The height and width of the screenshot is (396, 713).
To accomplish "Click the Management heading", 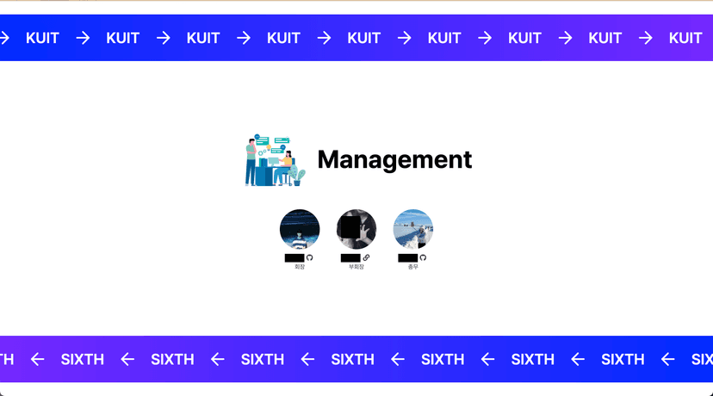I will click(x=394, y=159).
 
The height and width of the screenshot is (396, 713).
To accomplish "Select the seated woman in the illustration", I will click(x=288, y=164).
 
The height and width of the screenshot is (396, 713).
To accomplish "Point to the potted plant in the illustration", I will click(x=298, y=177).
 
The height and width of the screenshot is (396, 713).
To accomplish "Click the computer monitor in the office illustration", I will click(x=274, y=161).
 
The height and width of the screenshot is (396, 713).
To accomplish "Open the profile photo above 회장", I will click(x=300, y=229).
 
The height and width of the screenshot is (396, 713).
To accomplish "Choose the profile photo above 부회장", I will click(x=356, y=229).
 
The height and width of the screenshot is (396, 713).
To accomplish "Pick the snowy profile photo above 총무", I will click(x=413, y=229).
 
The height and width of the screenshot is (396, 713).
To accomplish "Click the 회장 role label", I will click(x=300, y=267).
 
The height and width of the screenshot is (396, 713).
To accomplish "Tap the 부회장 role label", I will click(x=356, y=267).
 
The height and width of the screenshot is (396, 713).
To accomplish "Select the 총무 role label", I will click(x=413, y=267).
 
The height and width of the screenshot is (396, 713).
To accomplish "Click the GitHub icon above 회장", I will click(x=310, y=257).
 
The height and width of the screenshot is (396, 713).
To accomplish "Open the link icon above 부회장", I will click(x=366, y=257).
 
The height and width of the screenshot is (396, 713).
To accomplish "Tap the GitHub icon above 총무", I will click(x=423, y=257).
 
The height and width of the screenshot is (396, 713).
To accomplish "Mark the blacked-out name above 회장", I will click(x=294, y=257).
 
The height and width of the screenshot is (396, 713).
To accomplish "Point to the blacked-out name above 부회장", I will click(x=350, y=257).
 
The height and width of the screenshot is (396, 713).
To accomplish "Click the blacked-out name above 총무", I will click(x=407, y=257).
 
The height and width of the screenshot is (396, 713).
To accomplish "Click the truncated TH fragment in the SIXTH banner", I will click(x=6, y=359).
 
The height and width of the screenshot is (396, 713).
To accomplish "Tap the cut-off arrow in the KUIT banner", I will click(x=4, y=38).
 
